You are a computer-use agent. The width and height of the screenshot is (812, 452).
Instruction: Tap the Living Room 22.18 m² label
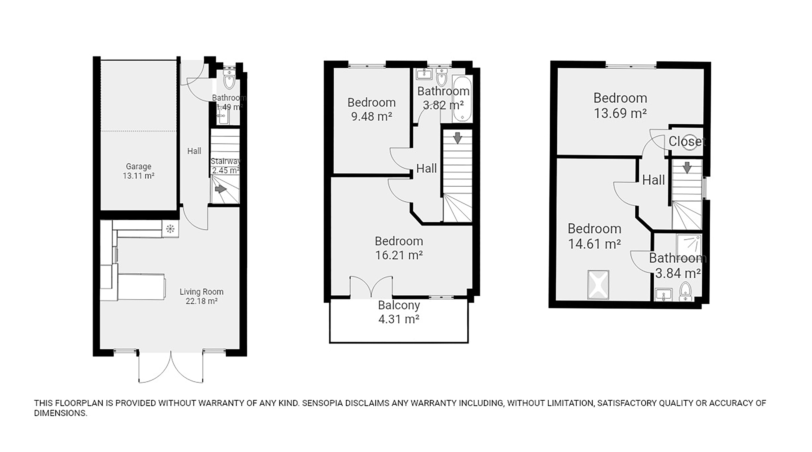pos(201,296)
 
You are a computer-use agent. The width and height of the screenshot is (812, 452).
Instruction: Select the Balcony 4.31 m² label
pos(399,312)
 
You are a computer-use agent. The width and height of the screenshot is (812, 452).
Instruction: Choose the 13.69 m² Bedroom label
pos(620,105)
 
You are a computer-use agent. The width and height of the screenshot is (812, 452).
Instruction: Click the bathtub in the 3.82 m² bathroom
pos(462,99)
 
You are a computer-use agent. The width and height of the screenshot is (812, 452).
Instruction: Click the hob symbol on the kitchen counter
pos(170,228)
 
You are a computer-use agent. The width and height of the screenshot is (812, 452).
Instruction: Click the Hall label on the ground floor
pos(194,151)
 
